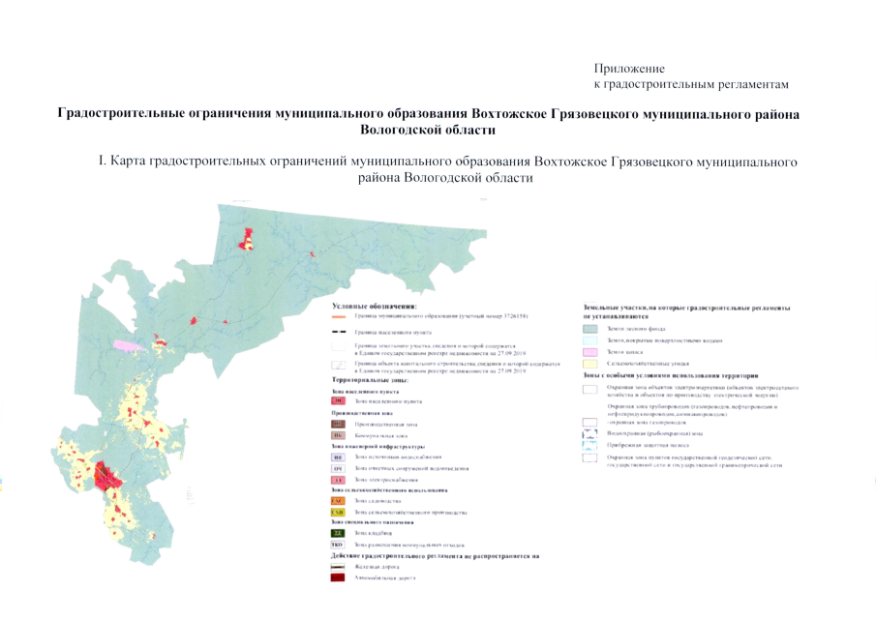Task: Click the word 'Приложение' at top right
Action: click(629, 69)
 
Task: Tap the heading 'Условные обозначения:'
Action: click(374, 306)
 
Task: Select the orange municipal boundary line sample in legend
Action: click(338, 316)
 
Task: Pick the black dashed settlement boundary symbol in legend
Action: click(338, 332)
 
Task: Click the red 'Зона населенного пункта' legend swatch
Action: click(338, 399)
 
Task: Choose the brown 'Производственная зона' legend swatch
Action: click(338, 424)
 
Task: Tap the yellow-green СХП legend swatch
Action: click(338, 512)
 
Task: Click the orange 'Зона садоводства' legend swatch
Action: click(338, 501)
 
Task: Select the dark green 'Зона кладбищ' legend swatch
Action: click(338, 533)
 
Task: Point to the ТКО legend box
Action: click(338, 545)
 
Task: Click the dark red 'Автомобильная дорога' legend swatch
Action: click(338, 577)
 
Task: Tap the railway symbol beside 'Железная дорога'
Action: click(338, 567)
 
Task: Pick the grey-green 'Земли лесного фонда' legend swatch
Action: click(589, 329)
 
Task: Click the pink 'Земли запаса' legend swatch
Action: click(589, 352)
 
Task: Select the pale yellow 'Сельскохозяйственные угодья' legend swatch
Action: click(589, 364)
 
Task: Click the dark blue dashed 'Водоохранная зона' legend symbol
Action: click(589, 433)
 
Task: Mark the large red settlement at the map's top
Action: click(249, 237)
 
